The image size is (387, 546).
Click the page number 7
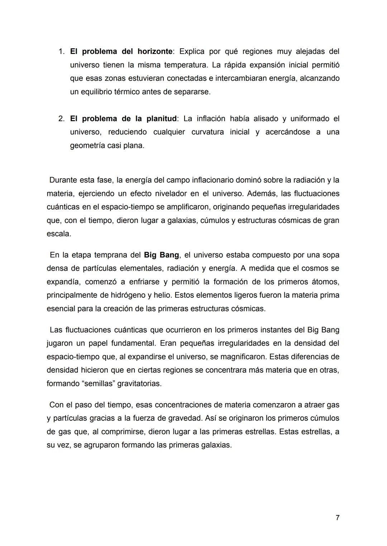(x=338, y=518)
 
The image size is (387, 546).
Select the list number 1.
(x=61, y=52)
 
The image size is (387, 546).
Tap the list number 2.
(x=61, y=119)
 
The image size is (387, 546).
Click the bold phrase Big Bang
(x=161, y=255)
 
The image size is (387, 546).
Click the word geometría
(x=87, y=146)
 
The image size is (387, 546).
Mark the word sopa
(x=330, y=255)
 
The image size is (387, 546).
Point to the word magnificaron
(x=243, y=357)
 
